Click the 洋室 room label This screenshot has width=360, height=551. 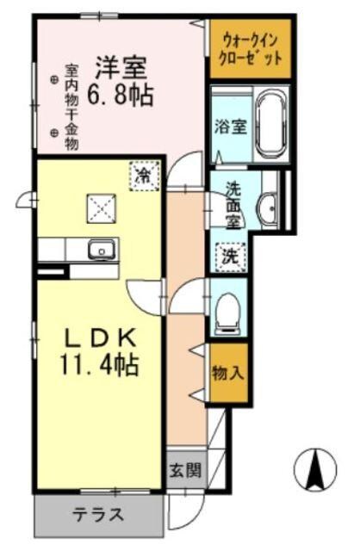tap(121, 65)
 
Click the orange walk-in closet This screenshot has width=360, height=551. tap(251, 48)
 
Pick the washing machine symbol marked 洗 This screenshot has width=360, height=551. tap(231, 255)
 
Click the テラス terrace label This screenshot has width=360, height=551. tap(97, 516)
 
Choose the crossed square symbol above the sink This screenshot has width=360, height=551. tap(99, 207)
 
